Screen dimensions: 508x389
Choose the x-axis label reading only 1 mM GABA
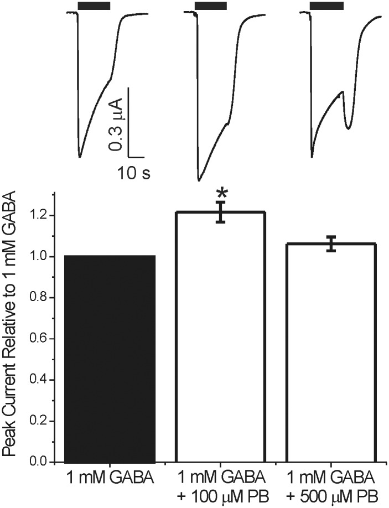coord(110,478)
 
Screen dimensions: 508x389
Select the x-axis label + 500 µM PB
coord(330,495)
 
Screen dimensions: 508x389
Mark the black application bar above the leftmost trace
coord(94,6)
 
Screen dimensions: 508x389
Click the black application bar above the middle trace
coord(211,6)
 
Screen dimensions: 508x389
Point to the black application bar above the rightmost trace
coord(326,6)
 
